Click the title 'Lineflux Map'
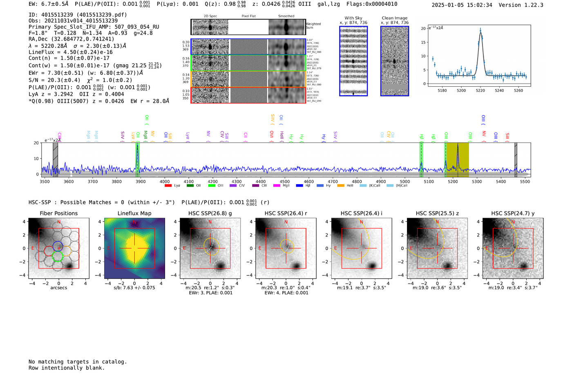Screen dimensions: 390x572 pos(134,213)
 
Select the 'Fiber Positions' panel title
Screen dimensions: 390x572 pos(58,213)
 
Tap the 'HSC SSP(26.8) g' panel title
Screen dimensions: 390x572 pos(210,213)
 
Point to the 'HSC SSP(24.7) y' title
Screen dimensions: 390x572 pos(513,213)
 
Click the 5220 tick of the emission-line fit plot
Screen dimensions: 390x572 pos(480,90)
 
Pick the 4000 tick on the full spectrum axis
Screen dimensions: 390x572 pos(165,181)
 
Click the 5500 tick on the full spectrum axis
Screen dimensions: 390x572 pos(525,181)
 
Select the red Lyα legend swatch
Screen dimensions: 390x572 pos(168,186)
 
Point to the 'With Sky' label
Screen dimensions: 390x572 pos(353,18)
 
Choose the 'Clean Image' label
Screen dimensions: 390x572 pos(394,18)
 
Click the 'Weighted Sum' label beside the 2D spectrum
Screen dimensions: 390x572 pos(313,25)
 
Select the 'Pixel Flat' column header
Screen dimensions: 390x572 pos(248,16)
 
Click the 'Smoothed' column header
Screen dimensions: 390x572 pos(286,16)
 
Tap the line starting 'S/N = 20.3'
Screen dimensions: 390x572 pos(80,80)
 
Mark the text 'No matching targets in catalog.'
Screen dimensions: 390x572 pos(78,361)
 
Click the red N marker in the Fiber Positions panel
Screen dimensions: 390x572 pos(59,222)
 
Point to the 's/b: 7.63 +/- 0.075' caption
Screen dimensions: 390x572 pos(134,288)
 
